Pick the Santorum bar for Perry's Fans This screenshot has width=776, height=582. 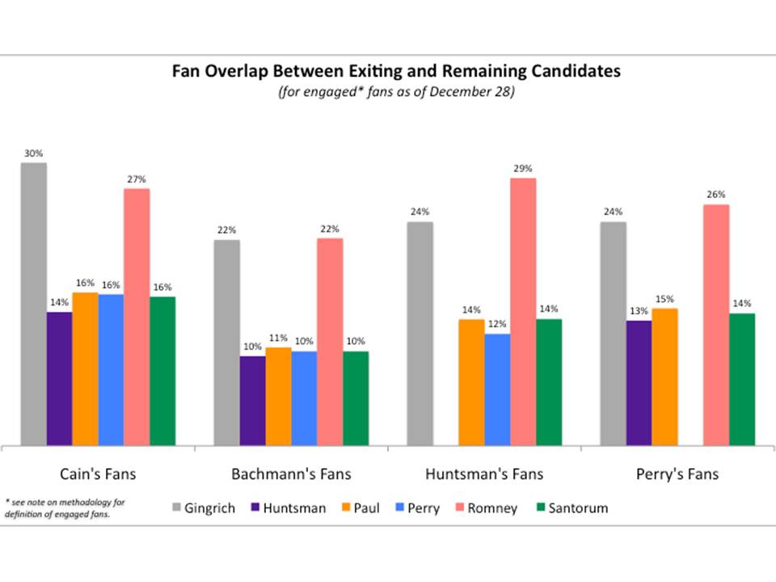click(x=741, y=379)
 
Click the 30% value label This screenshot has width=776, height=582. click(x=33, y=153)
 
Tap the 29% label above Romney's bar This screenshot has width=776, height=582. click(x=523, y=168)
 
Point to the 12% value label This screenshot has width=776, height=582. click(x=497, y=324)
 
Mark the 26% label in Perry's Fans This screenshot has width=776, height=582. click(x=715, y=195)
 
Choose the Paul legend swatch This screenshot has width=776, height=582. click(x=344, y=508)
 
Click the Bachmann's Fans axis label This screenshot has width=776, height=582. click(x=292, y=473)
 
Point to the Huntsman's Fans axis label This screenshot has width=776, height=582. click(x=484, y=473)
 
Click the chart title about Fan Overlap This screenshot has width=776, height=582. click(x=396, y=71)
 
